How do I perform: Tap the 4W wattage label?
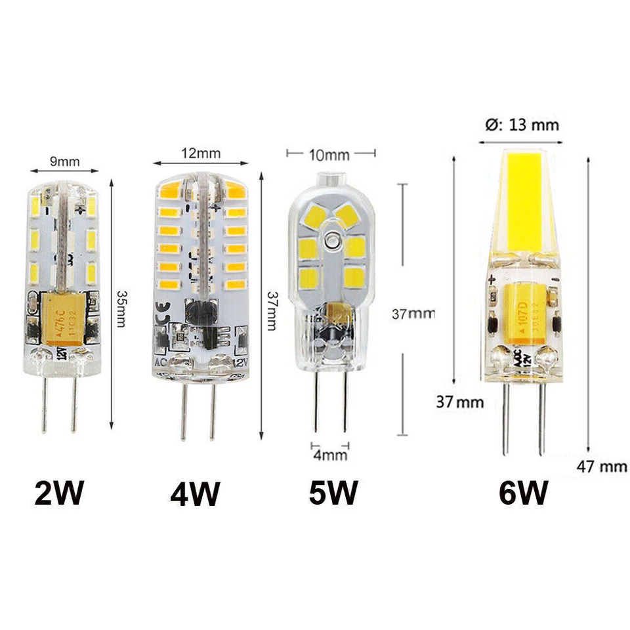coord(195,493)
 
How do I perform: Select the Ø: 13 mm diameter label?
coord(519,124)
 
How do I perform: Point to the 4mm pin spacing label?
coord(329,454)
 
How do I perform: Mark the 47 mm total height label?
coord(602,467)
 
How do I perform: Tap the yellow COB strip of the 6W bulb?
coord(522,197)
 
